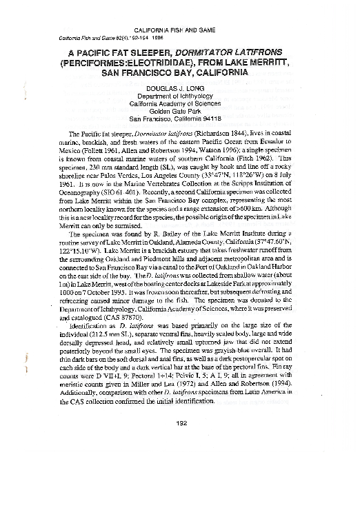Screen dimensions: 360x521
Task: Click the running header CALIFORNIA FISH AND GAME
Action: click(181, 32)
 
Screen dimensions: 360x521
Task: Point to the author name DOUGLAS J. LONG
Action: click(181, 89)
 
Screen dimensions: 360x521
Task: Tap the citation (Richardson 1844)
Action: click(219, 132)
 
